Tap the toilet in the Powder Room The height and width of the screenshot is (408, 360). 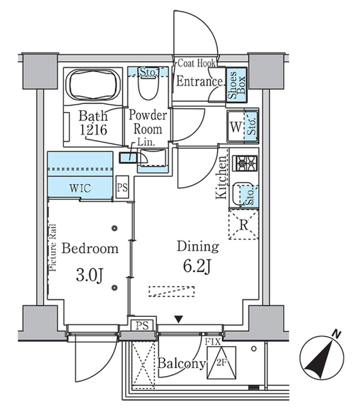tap(148, 87)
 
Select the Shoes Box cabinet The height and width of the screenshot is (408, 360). tap(236, 85)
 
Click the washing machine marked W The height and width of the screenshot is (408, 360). tap(235, 126)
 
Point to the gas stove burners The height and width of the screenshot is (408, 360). tap(244, 163)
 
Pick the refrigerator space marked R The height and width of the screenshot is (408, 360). tap(244, 224)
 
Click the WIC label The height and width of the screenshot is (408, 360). tap(80, 188)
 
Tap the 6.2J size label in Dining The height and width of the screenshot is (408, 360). tap(197, 267)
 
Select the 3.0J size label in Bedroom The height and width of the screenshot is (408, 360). tap(90, 275)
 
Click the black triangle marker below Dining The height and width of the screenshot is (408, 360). tap(178, 320)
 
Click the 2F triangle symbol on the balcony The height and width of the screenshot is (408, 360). tap(221, 362)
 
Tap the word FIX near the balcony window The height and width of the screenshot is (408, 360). tap(213, 341)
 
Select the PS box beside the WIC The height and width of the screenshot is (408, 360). tap(122, 188)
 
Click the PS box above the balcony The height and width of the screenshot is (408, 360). tap(142, 325)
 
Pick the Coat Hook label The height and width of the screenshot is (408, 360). tap(197, 63)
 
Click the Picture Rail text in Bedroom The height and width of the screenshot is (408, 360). tap(53, 248)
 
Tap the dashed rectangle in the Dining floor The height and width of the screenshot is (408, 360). tap(171, 292)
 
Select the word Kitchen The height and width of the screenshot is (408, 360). tap(221, 177)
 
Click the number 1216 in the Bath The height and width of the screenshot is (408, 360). tap(93, 130)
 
